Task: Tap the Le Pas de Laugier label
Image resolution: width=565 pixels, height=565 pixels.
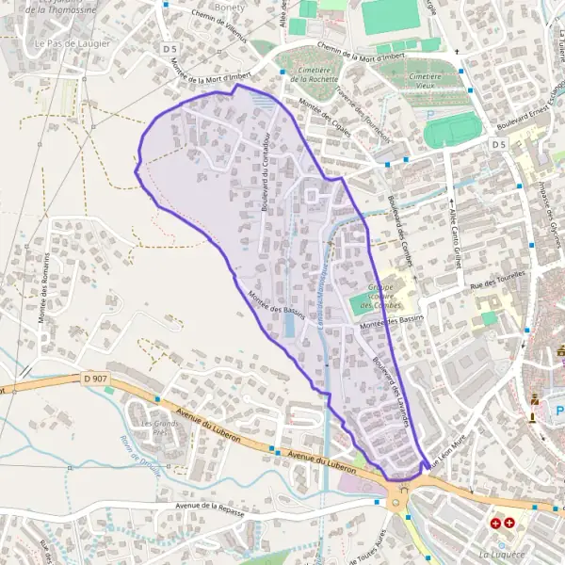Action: click(x=72, y=43)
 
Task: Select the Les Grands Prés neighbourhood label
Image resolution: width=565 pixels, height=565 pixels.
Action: click(x=159, y=429)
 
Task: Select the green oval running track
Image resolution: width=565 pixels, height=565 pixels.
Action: click(x=452, y=129)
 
